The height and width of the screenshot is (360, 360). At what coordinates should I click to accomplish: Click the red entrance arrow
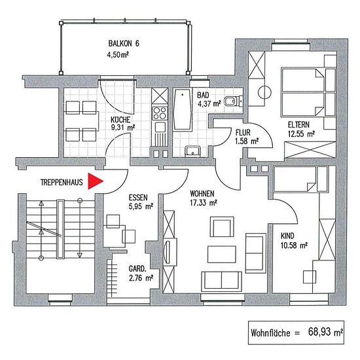click(x=96, y=181)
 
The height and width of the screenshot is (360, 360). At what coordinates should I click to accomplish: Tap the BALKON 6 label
click(x=124, y=43)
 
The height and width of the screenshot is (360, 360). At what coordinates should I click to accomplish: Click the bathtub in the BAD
click(x=183, y=109)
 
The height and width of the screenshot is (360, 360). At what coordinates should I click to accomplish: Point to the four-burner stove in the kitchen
click(x=160, y=113)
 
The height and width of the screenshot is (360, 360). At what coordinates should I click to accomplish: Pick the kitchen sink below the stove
click(x=160, y=127)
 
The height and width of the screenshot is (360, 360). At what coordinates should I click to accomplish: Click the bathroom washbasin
click(x=193, y=151)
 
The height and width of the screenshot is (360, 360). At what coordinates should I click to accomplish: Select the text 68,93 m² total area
click(x=325, y=332)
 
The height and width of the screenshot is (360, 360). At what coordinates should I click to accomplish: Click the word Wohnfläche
click(x=270, y=333)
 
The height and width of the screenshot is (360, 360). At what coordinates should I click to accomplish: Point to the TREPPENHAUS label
click(x=62, y=183)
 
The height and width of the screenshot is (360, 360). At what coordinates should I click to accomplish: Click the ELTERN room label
click(x=298, y=124)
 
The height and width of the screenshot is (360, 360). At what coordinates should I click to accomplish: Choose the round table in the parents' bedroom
click(x=264, y=92)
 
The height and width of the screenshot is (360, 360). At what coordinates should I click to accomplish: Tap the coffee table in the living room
click(x=222, y=254)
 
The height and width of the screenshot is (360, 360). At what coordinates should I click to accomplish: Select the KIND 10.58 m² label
click(x=294, y=241)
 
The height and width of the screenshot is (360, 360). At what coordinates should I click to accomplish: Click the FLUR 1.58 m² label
click(x=247, y=137)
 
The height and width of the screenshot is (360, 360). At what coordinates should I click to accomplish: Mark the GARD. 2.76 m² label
click(x=141, y=274)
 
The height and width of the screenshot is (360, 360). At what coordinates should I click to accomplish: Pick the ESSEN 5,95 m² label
click(x=141, y=202)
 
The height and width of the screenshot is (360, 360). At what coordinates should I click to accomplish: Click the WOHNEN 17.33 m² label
click(x=204, y=198)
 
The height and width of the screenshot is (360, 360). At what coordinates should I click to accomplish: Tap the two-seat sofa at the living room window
click(x=221, y=281)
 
